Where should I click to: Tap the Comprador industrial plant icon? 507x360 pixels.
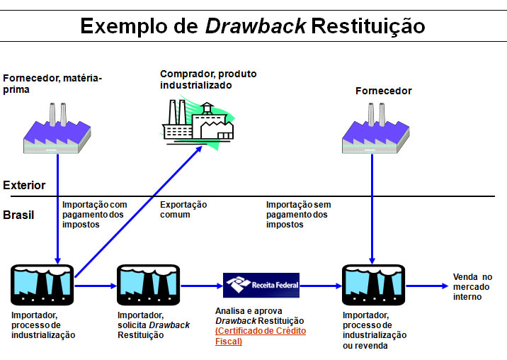[x=198, y=120]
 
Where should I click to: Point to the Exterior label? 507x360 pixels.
[x=24, y=186]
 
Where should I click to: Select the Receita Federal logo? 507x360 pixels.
[x=261, y=286]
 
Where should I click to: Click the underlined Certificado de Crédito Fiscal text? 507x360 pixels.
[x=260, y=336]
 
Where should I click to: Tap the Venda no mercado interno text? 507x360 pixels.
[x=472, y=286]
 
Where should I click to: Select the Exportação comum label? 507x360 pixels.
[x=183, y=209]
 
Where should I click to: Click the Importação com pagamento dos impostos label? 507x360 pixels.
[x=95, y=214]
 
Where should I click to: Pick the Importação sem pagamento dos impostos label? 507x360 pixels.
[x=298, y=214]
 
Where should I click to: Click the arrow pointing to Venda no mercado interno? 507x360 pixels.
[x=426, y=286]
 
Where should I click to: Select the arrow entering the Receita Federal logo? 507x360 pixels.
[x=201, y=286]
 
